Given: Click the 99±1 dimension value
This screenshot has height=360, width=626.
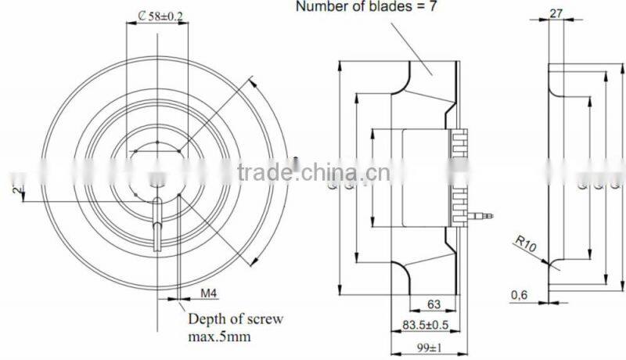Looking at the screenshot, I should (429, 346).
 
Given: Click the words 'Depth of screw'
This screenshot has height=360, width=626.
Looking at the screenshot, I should (235, 319).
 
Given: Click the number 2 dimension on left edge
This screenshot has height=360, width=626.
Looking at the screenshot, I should (15, 188).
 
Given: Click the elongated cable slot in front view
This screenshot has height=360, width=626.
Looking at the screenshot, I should (157, 222).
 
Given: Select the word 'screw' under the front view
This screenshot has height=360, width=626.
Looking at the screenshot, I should (264, 319).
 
